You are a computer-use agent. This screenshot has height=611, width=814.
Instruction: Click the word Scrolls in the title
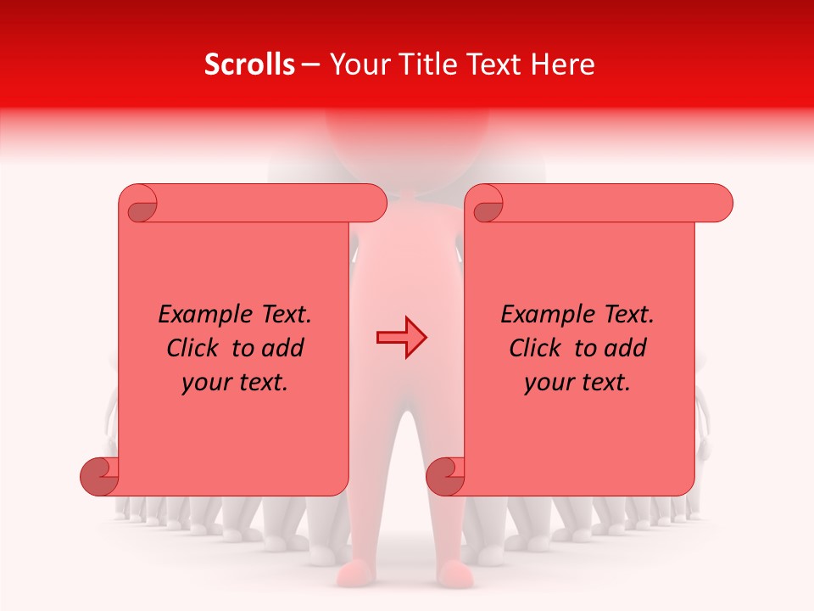(249, 64)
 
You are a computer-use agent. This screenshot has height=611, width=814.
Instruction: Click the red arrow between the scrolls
(401, 338)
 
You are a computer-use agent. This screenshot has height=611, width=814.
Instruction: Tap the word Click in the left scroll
(195, 348)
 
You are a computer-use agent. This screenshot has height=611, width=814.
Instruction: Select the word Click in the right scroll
(538, 348)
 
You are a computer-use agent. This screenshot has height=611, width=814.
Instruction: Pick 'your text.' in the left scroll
(235, 383)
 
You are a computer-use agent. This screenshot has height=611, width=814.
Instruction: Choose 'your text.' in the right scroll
(577, 383)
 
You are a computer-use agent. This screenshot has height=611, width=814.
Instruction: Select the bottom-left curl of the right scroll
(446, 477)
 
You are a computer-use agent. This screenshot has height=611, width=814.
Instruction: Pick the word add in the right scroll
(625, 348)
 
